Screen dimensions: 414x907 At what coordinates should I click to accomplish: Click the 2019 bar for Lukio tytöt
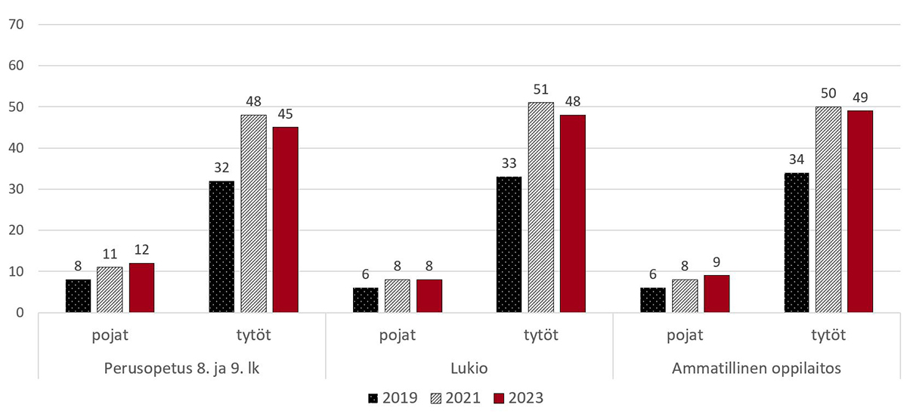click(x=509, y=244)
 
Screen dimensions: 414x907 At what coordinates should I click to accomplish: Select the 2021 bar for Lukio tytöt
click(x=541, y=207)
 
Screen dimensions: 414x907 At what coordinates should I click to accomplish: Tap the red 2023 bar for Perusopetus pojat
click(x=141, y=287)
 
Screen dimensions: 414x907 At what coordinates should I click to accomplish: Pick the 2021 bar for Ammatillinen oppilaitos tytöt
click(x=828, y=209)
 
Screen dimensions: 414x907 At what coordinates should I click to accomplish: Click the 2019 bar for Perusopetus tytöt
click(x=221, y=246)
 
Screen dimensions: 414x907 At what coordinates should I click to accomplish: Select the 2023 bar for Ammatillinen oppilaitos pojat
click(x=717, y=293)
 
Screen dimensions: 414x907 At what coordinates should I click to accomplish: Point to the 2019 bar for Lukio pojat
click(x=366, y=299)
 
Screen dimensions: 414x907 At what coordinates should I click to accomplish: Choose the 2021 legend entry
click(x=455, y=397)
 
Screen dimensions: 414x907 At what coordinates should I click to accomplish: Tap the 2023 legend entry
click(x=518, y=397)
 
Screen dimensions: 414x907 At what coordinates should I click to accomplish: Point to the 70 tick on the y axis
click(x=16, y=24)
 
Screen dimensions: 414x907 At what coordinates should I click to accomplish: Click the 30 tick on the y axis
click(x=16, y=189)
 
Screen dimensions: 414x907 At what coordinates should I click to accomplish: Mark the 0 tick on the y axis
click(x=20, y=313)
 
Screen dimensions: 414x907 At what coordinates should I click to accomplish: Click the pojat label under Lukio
click(x=397, y=335)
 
